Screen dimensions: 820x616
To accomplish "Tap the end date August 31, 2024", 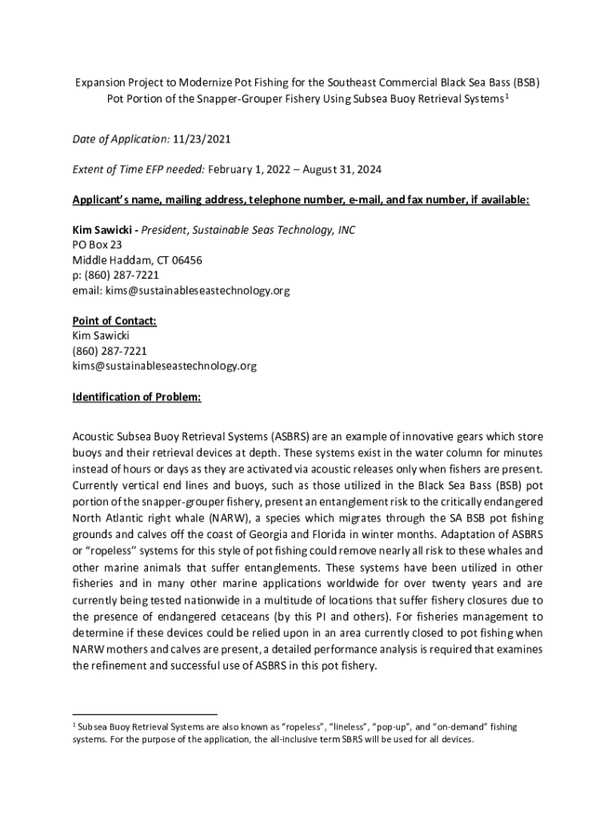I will [x=341, y=170].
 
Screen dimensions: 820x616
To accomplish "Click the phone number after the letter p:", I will [x=116, y=275].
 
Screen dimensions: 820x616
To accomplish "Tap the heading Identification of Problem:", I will [x=137, y=396].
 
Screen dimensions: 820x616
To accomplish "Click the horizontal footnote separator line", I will [x=145, y=713].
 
